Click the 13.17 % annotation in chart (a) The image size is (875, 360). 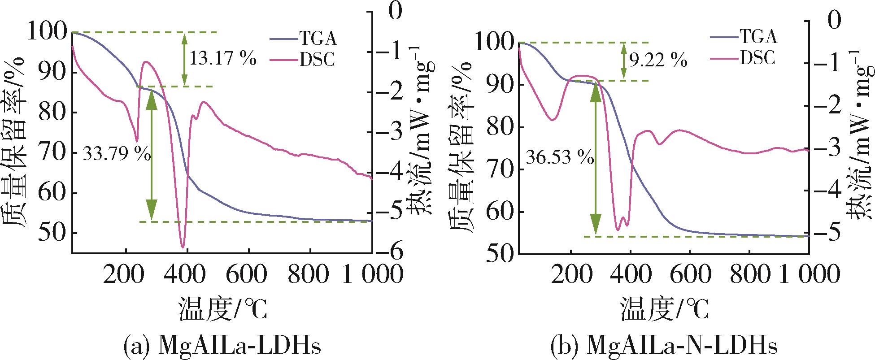point(223,59)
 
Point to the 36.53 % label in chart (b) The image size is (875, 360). point(559,158)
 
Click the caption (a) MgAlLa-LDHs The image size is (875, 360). point(222,347)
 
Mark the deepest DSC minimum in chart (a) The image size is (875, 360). point(183,247)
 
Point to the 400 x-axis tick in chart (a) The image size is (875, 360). point(185,273)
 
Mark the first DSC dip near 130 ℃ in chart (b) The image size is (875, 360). point(553,120)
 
